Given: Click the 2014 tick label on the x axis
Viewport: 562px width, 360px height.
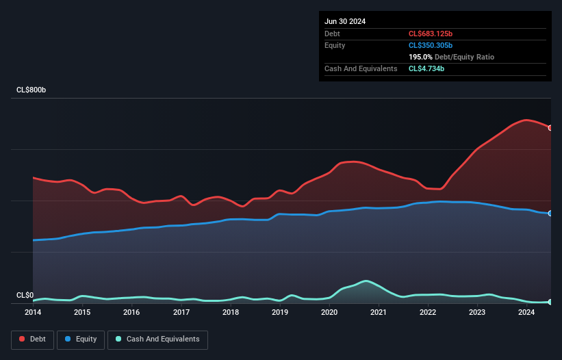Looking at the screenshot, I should [x=33, y=313].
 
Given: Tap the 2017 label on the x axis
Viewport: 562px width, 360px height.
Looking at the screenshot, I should [x=181, y=313].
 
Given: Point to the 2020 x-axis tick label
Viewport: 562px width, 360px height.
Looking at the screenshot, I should [x=329, y=313].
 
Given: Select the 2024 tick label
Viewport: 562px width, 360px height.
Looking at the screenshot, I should [x=526, y=313].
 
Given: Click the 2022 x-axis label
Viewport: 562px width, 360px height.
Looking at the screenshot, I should [x=428, y=313].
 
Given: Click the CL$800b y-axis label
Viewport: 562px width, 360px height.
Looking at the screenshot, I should [x=31, y=90].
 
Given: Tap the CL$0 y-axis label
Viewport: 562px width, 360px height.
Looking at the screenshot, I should [x=25, y=295].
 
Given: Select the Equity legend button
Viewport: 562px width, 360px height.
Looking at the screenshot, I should [x=81, y=339].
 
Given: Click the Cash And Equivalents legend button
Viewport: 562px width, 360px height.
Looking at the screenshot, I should [x=157, y=339].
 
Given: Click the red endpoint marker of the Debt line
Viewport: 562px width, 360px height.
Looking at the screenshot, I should [x=550, y=128].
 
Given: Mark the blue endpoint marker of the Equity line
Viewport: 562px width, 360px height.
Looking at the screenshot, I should [x=550, y=214].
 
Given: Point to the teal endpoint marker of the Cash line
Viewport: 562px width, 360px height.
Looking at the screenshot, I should [x=550, y=302].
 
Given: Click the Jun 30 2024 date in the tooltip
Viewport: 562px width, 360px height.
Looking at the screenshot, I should [x=345, y=21].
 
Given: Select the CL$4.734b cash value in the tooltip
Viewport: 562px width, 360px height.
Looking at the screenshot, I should [x=426, y=68].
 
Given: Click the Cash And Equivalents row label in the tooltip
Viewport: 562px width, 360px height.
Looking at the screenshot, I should [x=361, y=68].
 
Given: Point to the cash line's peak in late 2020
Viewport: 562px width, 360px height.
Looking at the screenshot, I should [x=367, y=281].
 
